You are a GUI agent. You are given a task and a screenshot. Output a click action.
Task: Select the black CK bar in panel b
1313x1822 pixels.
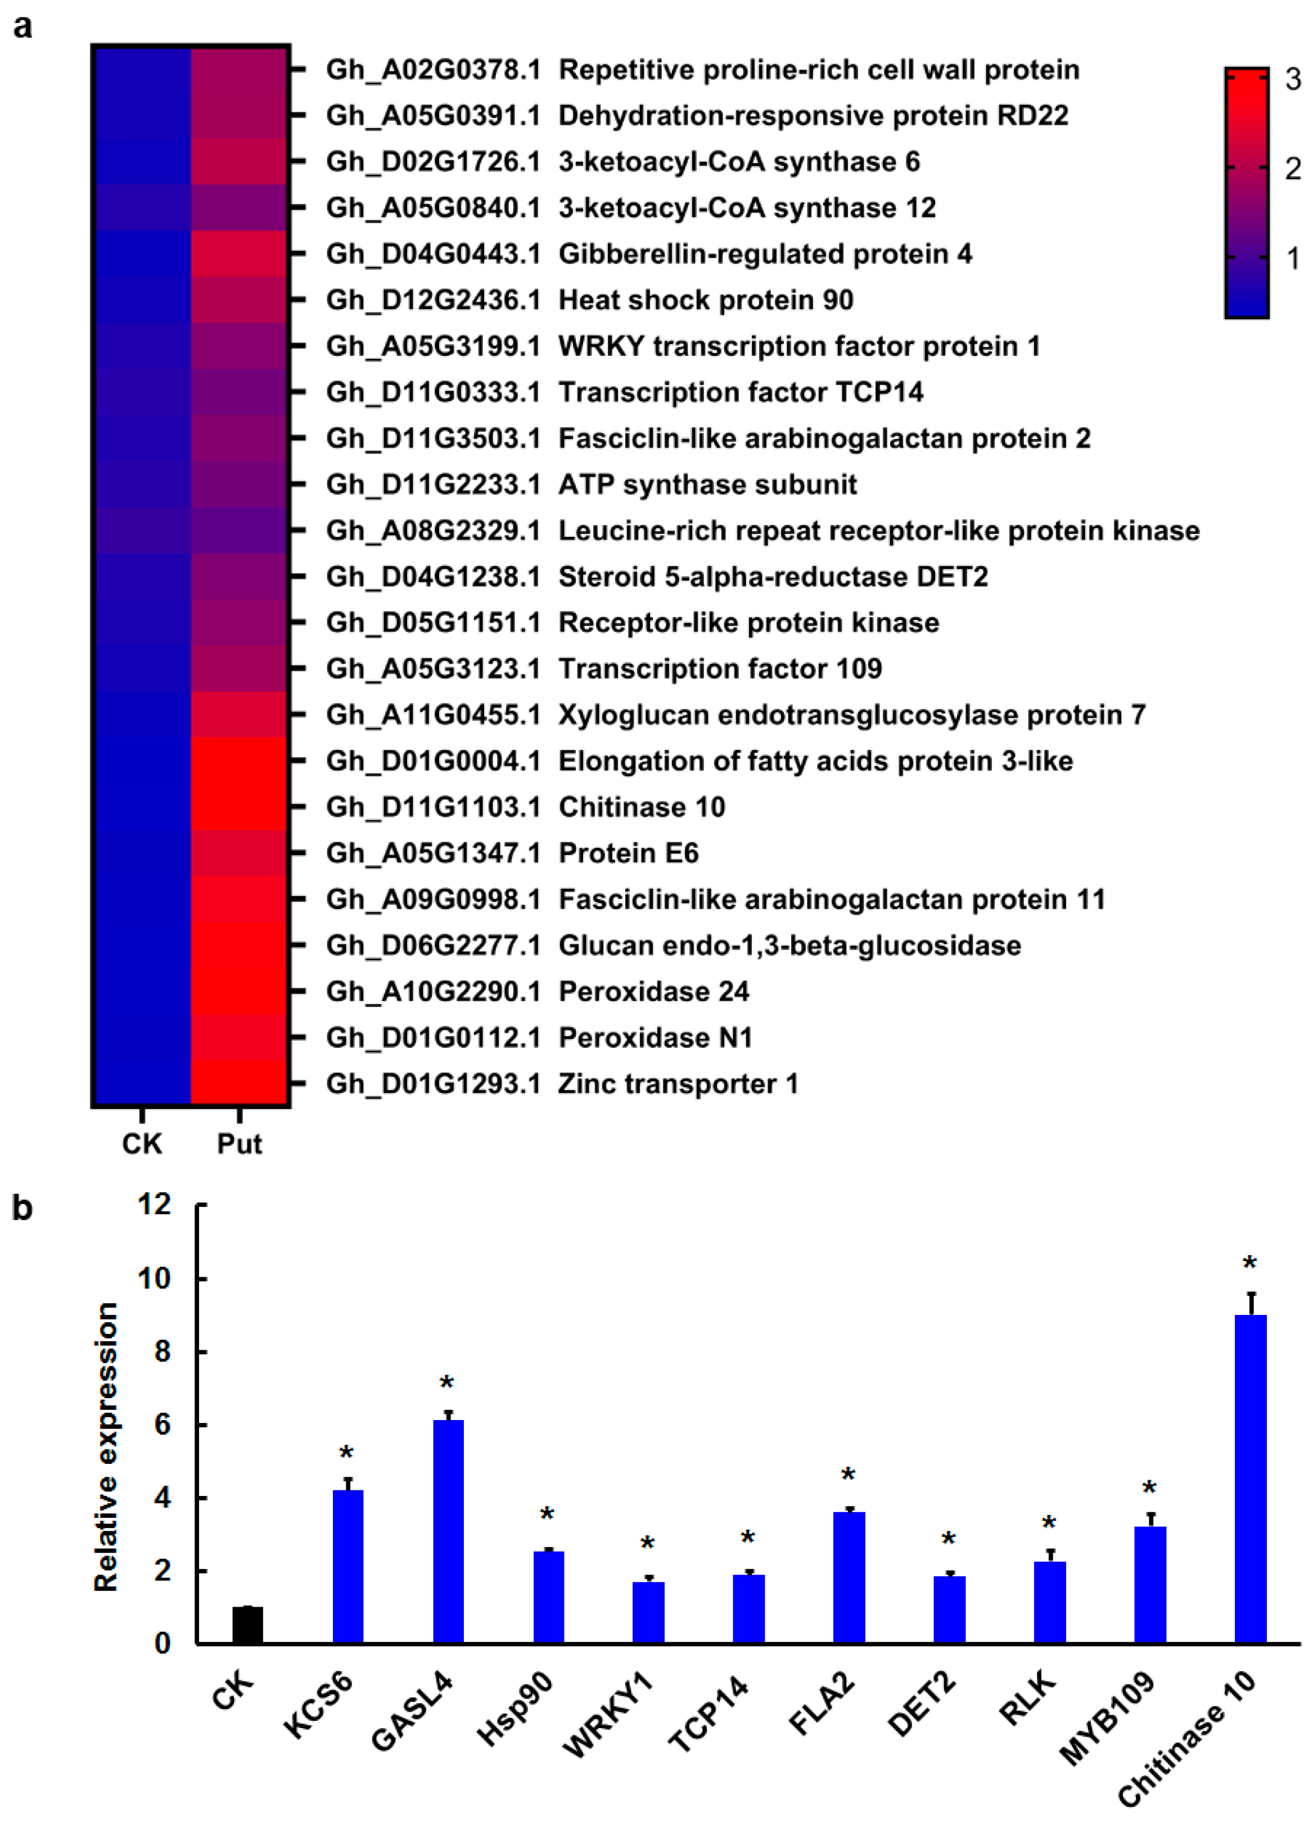click(247, 1624)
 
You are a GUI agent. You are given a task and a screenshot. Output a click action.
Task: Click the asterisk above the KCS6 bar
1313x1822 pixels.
click(346, 1454)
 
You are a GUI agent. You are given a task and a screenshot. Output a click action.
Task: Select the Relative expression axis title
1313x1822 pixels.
click(106, 1446)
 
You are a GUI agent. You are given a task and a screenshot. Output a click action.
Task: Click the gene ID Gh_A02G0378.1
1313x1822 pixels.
click(433, 70)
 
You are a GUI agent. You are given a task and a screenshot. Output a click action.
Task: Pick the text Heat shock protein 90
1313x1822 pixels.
click(706, 300)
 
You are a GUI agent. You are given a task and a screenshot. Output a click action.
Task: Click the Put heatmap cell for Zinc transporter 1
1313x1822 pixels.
click(240, 1083)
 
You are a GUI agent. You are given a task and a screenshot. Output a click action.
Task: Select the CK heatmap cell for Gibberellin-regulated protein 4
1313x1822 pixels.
click(142, 254)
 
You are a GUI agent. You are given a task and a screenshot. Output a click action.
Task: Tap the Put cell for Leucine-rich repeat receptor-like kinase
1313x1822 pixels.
click(240, 530)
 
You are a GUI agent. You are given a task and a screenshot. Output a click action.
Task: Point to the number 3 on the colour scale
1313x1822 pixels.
click(1293, 79)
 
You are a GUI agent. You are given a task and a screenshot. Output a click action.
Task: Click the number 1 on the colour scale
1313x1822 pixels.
click(1293, 259)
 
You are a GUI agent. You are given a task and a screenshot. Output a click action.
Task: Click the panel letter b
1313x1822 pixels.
click(22, 1208)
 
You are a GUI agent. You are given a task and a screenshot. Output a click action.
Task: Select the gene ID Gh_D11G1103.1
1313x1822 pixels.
click(433, 807)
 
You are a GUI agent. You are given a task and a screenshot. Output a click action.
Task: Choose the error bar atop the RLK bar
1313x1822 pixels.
click(1049, 1556)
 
